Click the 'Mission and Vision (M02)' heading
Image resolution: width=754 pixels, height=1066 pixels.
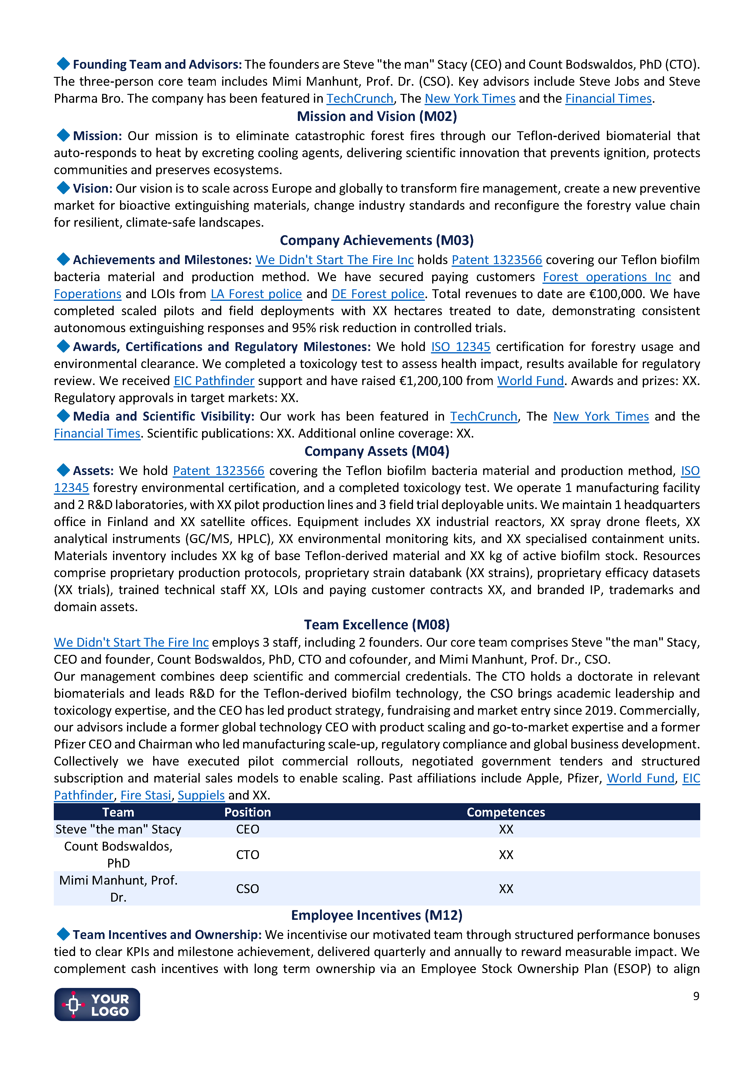point(377,116)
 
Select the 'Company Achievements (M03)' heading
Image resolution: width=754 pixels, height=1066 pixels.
point(377,240)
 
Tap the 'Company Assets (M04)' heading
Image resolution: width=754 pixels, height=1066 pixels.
point(377,451)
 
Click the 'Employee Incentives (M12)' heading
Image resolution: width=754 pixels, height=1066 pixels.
point(377,915)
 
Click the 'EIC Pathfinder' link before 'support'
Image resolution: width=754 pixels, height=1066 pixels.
point(214,381)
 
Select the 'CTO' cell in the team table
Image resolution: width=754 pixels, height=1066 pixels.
point(247,855)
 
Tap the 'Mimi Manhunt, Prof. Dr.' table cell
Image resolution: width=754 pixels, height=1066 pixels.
point(119,889)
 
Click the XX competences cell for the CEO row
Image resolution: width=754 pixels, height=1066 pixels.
point(506,829)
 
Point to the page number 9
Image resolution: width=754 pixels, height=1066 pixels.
point(696,996)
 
